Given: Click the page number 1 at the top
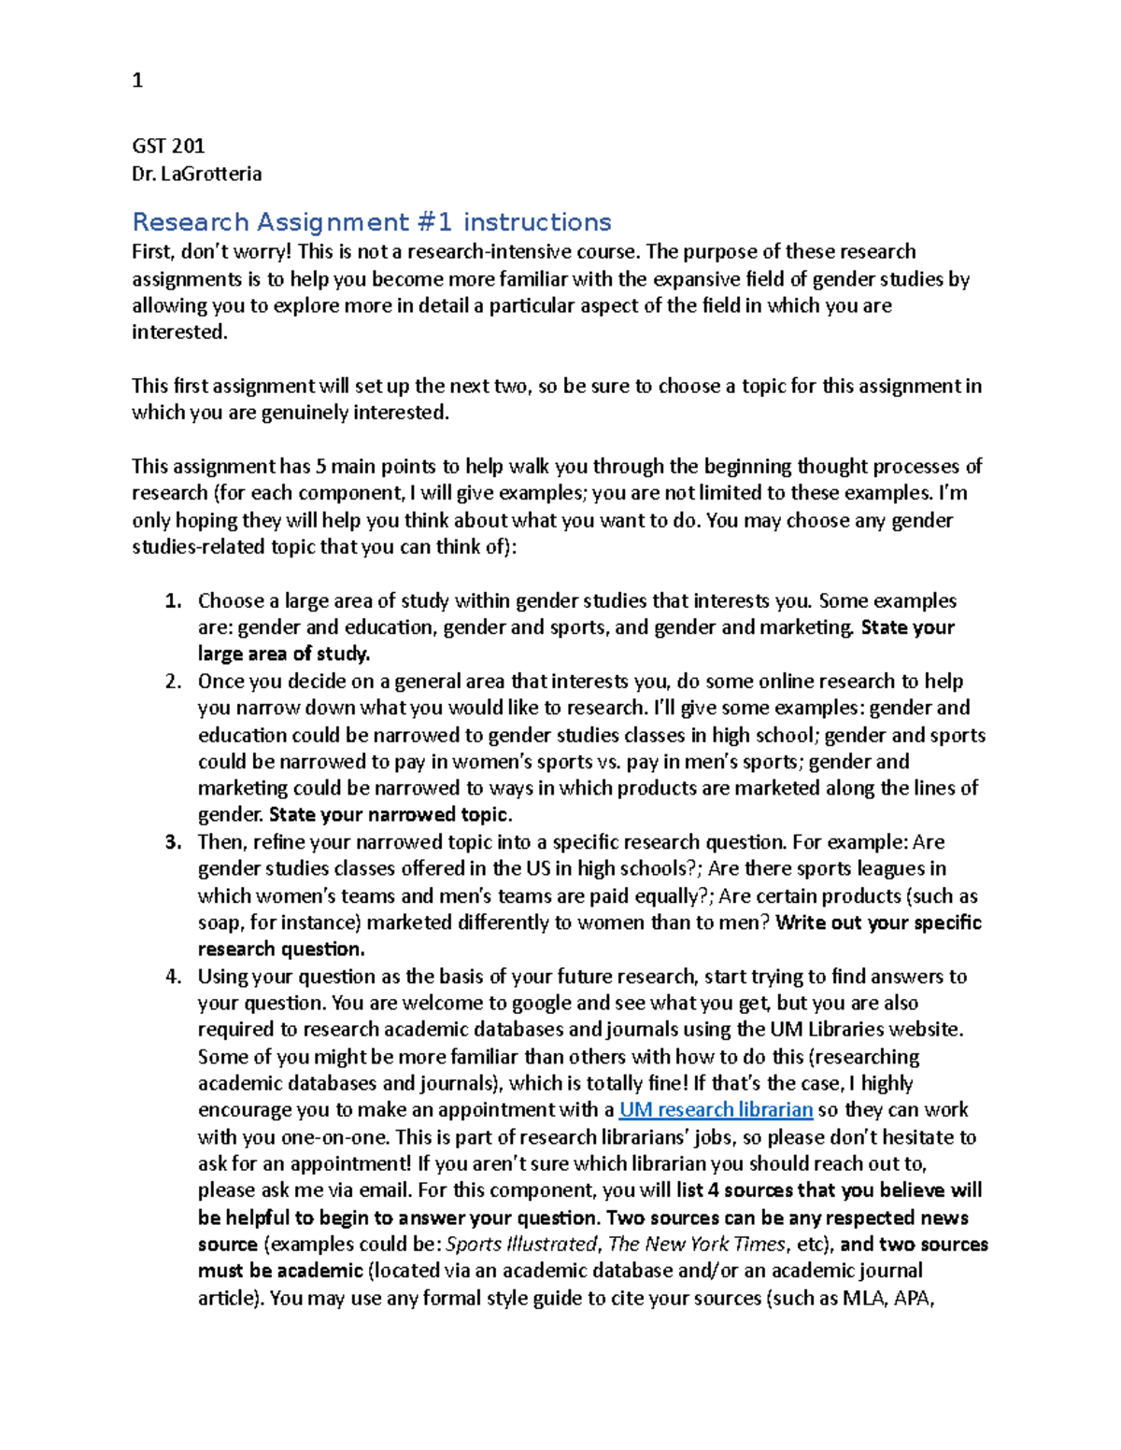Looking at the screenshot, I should [137, 81].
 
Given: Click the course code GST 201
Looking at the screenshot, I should [168, 146].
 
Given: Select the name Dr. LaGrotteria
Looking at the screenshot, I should [196, 174].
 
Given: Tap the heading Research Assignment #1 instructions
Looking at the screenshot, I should [371, 222].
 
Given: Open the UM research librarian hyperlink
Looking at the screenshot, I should [716, 1110].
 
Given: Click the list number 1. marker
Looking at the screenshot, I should [173, 601].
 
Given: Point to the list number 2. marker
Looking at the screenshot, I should [173, 682].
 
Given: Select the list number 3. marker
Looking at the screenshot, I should [173, 842].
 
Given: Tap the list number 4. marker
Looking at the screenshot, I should [173, 977].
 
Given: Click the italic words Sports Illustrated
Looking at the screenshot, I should [521, 1245].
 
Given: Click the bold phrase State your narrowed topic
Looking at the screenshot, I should [390, 815].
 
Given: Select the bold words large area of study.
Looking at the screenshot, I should [283, 655].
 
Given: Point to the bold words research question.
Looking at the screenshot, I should [280, 950].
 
